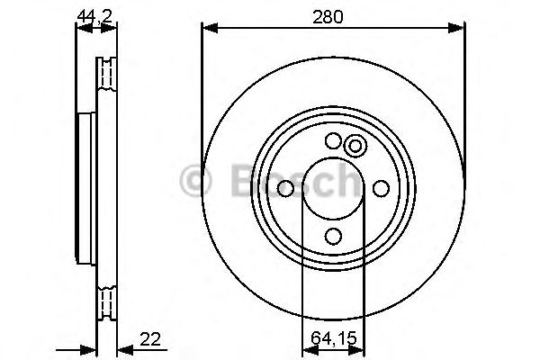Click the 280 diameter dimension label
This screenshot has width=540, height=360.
pos(333,15)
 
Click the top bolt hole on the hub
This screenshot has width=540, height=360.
pos(333,140)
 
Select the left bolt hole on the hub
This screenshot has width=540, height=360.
pos(285,188)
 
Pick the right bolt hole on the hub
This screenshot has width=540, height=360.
pos(381,188)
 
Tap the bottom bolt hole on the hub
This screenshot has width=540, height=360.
pos(333,236)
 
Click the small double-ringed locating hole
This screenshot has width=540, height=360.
pos(355,146)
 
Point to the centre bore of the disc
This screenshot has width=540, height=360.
pos(333,188)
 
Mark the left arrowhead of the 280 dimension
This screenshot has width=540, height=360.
pos(207,28)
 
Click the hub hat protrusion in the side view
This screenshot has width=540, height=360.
pos(86,188)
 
